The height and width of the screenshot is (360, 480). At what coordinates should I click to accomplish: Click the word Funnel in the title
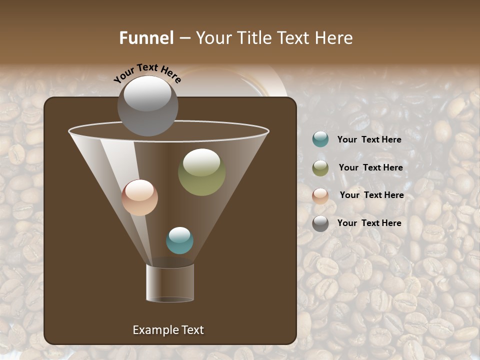tap(146, 38)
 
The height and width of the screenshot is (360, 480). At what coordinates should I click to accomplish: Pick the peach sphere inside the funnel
tap(139, 198)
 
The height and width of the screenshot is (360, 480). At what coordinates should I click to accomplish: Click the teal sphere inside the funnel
tap(179, 240)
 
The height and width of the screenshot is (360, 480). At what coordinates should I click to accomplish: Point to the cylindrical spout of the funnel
tap(170, 283)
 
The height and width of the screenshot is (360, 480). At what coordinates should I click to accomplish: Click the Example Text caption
tap(168, 330)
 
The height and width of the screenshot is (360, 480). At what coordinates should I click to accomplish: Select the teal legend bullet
tap(320, 139)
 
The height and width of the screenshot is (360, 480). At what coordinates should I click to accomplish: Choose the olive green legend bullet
tap(320, 168)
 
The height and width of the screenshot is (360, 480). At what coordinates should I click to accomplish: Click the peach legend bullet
tap(320, 195)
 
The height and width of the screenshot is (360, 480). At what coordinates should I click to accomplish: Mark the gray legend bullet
tap(320, 223)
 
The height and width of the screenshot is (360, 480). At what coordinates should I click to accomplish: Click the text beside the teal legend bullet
tap(369, 139)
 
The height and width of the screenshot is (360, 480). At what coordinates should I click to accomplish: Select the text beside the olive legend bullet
tap(370, 167)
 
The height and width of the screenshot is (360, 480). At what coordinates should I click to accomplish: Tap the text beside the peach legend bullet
tap(371, 195)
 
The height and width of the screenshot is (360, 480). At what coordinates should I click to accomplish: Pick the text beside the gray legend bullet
tap(369, 223)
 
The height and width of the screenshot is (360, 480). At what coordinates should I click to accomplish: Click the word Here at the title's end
tap(335, 38)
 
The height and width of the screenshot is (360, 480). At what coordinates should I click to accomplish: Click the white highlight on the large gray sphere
tap(147, 93)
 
